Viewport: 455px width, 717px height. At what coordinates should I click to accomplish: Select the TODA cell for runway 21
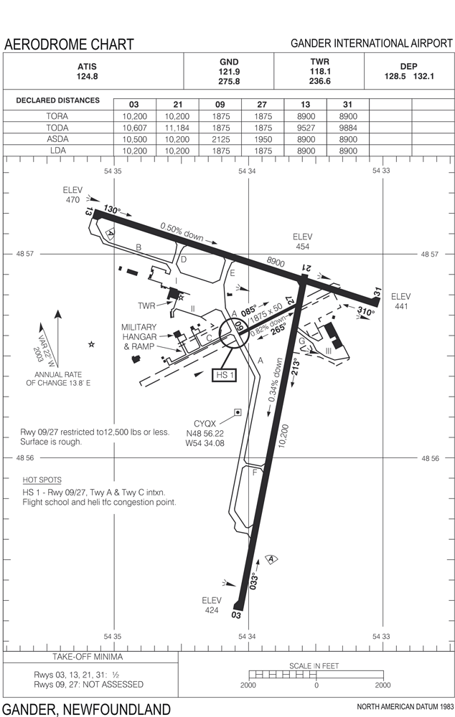[x=175, y=128]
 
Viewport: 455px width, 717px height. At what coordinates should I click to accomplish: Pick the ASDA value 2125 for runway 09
[x=220, y=139]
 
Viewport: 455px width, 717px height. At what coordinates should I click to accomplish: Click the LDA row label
[x=58, y=151]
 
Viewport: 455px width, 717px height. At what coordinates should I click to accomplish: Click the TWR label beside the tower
[x=147, y=306]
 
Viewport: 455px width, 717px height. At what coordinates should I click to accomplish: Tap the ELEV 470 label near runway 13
[x=72, y=196]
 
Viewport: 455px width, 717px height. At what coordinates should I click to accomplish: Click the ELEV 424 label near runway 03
[x=212, y=606]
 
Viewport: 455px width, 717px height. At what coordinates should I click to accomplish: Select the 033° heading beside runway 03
[x=254, y=580]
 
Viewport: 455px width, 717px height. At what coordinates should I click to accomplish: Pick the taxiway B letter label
[x=139, y=247]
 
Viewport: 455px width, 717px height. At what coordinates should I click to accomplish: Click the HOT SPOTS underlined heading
[x=42, y=480]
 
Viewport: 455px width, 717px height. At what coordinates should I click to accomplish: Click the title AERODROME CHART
[x=69, y=44]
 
